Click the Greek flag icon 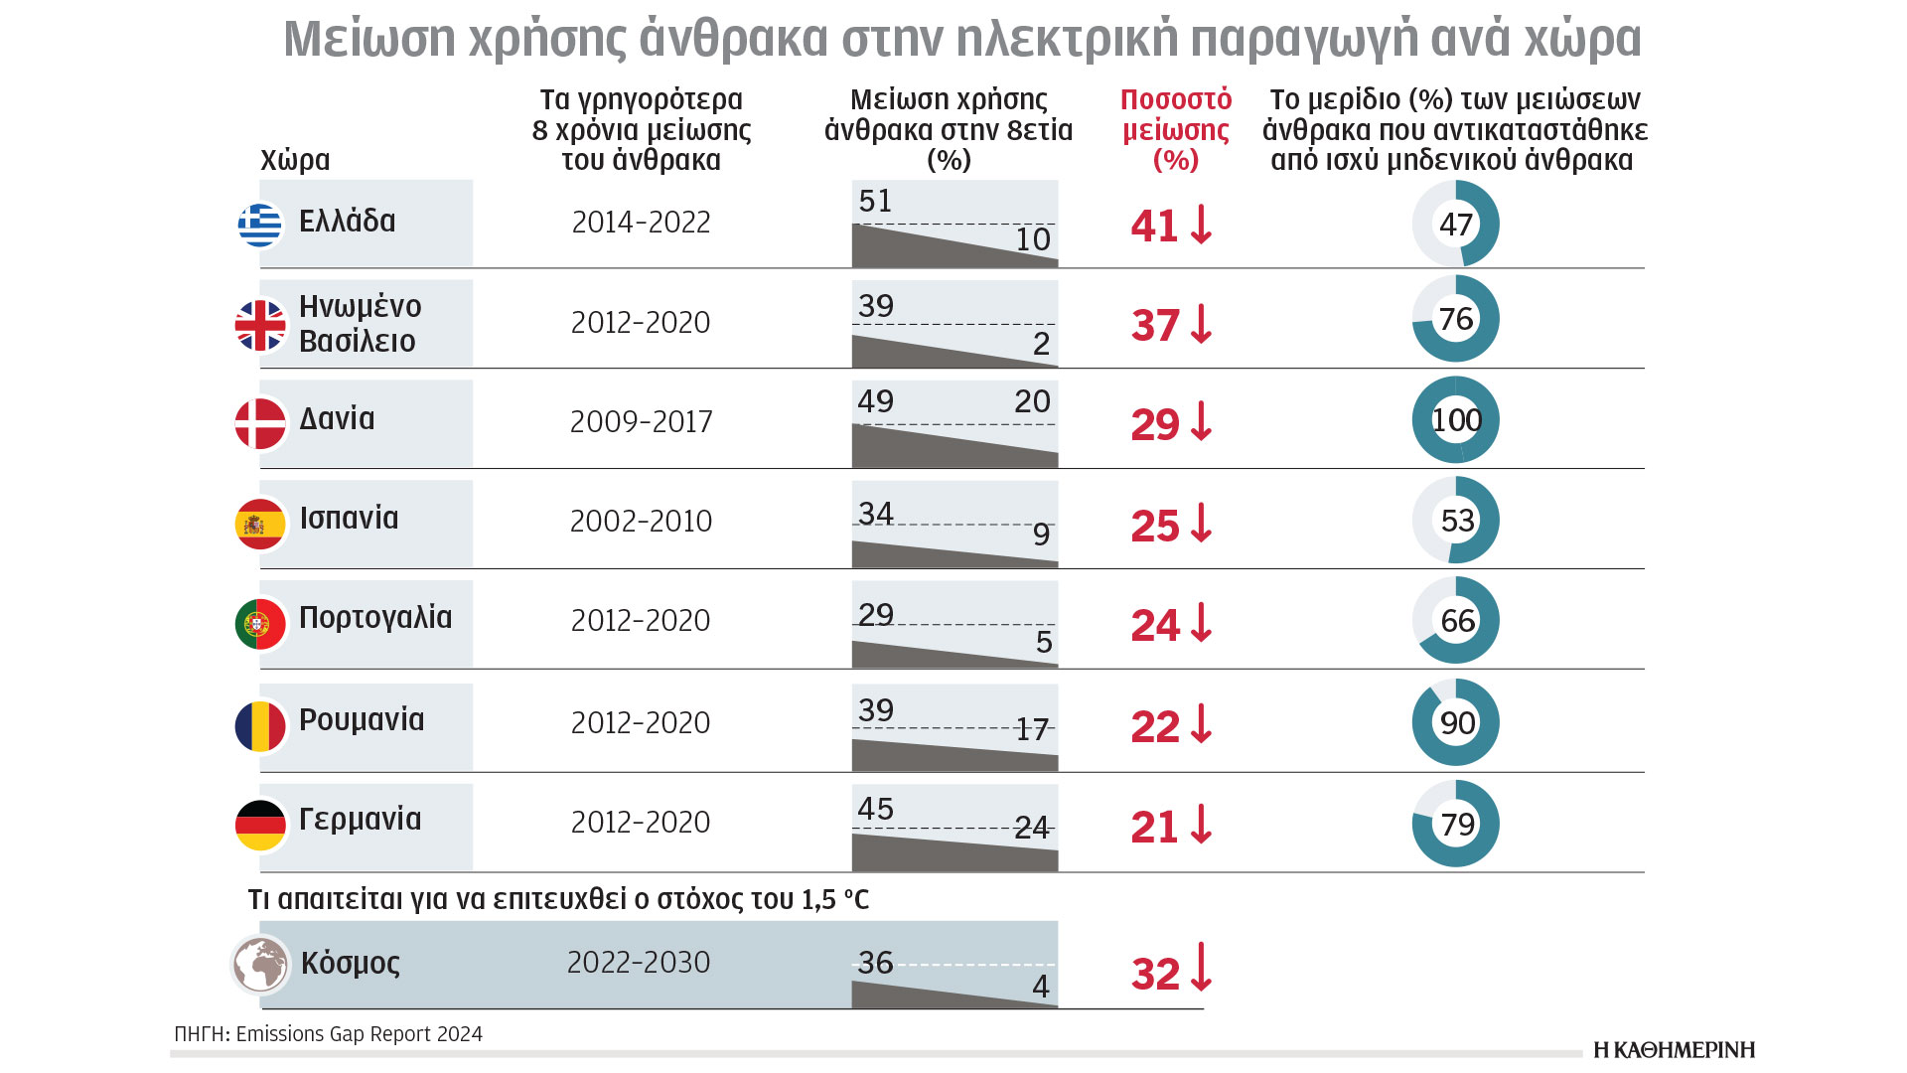(260, 225)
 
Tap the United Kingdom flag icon (260, 325)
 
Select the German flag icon (260, 825)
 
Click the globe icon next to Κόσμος (260, 964)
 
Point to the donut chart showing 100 (1456, 420)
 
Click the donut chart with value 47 (1456, 225)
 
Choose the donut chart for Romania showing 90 (1456, 722)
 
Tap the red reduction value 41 (1154, 227)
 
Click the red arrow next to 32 (1202, 968)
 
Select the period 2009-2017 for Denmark (641, 422)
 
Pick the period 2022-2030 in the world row (639, 963)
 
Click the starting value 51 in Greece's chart (875, 202)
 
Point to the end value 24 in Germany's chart (1032, 828)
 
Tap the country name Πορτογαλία (375, 618)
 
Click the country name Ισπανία (349, 519)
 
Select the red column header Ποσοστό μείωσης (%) (1176, 130)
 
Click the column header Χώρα (295, 161)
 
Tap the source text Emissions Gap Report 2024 (359, 1034)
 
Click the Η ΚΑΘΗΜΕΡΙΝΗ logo (1674, 1050)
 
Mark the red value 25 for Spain (1154, 527)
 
